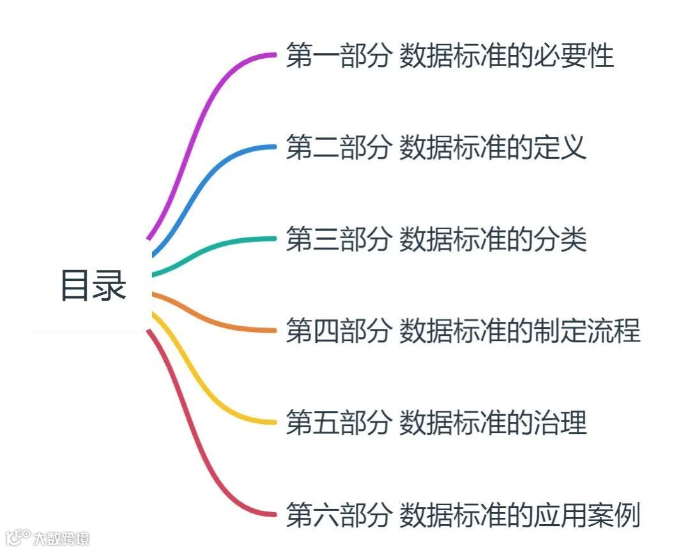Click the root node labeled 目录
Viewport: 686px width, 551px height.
(93, 285)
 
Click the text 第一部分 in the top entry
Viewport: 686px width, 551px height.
(338, 56)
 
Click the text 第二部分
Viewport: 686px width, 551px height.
(338, 148)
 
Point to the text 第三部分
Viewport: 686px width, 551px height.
(338, 240)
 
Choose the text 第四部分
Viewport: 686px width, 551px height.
(338, 331)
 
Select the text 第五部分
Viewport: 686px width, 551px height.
(338, 423)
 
